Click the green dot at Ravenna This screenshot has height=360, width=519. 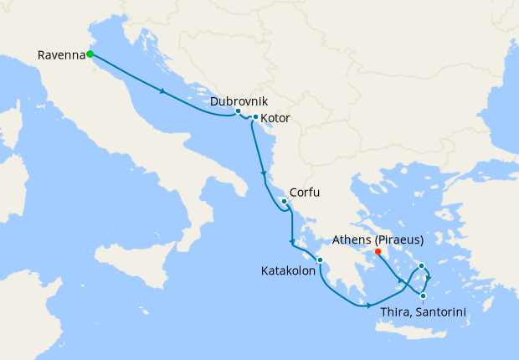89,55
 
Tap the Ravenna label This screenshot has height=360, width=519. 62,55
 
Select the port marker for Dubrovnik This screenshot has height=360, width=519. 239,111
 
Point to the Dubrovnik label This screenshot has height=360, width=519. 239,100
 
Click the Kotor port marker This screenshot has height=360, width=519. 255,117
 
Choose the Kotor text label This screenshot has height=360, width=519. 275,118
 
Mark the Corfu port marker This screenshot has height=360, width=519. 284,202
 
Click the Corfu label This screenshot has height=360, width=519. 305,192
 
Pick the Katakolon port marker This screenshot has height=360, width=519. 320,260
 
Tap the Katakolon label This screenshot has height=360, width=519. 287,270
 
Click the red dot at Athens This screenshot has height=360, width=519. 378,251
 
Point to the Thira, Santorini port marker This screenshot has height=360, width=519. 424,296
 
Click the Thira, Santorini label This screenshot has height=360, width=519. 423,312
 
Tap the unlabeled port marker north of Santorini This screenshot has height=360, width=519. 422,266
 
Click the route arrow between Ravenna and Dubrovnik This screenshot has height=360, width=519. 162,91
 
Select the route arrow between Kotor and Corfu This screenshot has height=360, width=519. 264,174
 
